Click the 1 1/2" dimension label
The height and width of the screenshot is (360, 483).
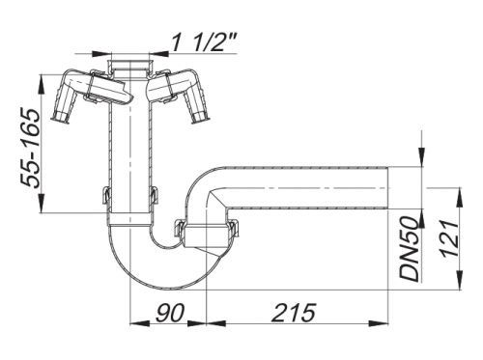click(204, 42)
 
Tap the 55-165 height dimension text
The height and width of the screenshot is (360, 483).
click(30, 149)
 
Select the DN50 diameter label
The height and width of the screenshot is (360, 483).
click(409, 248)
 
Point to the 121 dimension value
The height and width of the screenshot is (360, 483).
click(448, 238)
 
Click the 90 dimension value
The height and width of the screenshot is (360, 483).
click(170, 312)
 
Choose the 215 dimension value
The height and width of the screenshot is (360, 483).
click(294, 312)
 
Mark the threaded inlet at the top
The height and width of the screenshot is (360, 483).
click(130, 67)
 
